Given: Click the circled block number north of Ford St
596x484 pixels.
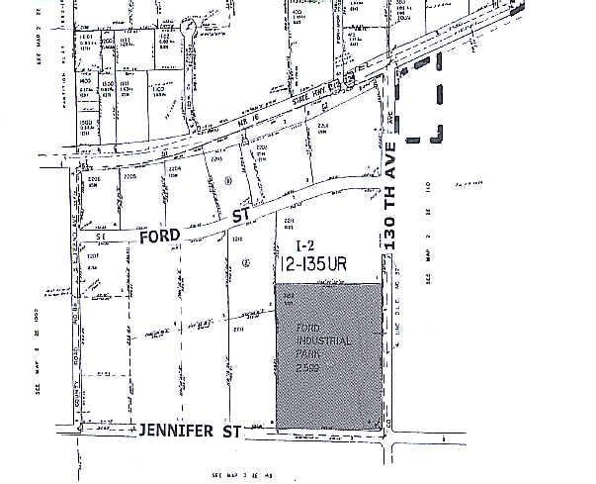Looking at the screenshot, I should point(228,180).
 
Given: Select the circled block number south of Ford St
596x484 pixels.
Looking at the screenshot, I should point(244,261).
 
